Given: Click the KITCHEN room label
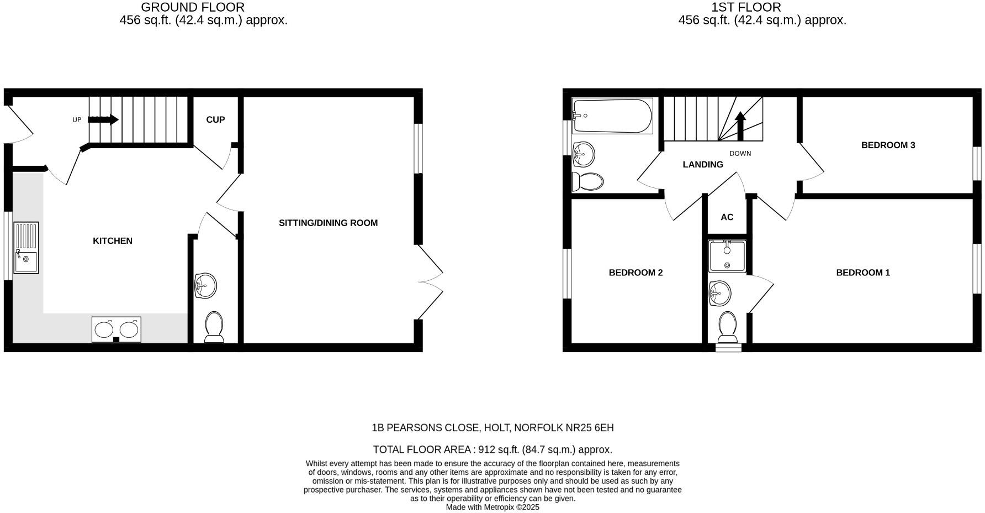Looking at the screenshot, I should tap(113, 240).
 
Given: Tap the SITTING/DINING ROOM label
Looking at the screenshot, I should tap(328, 223).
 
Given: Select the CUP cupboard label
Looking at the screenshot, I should tap(215, 119).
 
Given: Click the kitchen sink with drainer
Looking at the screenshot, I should tap(26, 248).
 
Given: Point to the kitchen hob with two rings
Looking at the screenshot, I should tap(116, 329).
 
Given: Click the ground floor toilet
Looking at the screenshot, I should tap(214, 327).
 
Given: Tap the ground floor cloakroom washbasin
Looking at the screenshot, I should tap(205, 286).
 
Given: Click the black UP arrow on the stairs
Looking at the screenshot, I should tap(103, 119).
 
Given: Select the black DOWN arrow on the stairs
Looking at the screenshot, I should tap(740, 125).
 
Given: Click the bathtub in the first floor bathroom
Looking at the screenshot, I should tap(612, 116).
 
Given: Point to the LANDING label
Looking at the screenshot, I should tap(703, 164).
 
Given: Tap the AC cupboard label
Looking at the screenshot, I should tap(727, 217).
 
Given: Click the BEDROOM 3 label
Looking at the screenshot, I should tap(888, 145).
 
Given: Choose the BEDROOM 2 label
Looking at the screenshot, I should tap(636, 273).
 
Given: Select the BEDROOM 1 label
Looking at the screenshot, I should tap(863, 273).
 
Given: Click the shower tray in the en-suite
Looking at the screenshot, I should tap(727, 256).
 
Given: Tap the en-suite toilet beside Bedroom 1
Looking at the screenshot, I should tap(727, 327).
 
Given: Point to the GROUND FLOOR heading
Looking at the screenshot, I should tap(193, 7).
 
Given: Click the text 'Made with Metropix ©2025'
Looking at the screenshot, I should tap(492, 507).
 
